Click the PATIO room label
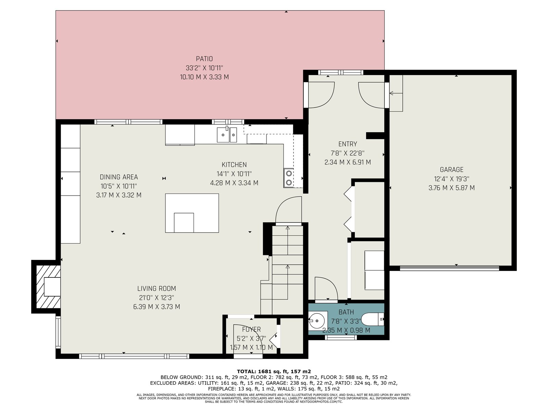point(204,59)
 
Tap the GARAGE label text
point(452,170)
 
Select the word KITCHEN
point(234,165)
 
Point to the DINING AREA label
point(119,177)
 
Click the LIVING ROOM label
point(157,288)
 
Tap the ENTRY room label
point(348,144)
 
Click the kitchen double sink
point(227,135)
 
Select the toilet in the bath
point(373,320)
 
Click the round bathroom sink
point(316,319)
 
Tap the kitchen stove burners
point(289,178)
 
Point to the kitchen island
point(192,213)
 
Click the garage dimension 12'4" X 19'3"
point(452,179)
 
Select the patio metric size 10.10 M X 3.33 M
point(204,77)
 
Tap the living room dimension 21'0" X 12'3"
point(157,298)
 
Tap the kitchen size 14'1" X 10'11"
point(234,174)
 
